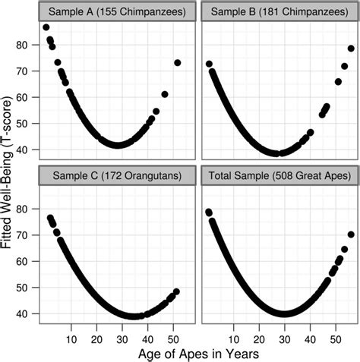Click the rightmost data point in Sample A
[x=178, y=63]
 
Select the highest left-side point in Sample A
[x=46, y=27]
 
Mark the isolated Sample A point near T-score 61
[x=165, y=94]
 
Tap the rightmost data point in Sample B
[x=351, y=49]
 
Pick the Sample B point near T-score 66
[x=338, y=81]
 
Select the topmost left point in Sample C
[x=50, y=218]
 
